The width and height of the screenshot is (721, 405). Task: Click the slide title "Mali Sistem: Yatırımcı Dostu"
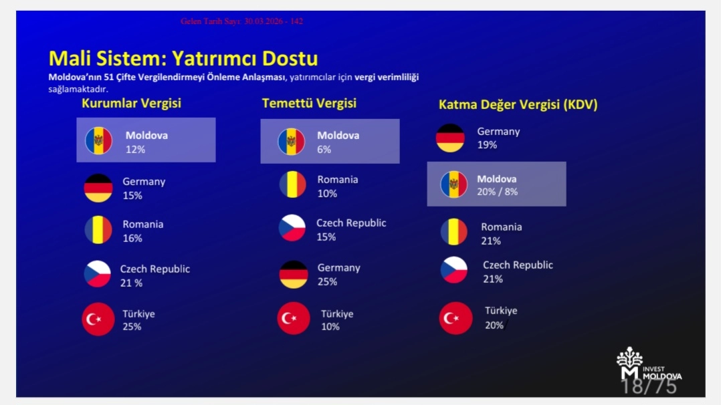(x=183, y=58)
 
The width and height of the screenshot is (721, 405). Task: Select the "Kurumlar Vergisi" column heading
(x=132, y=103)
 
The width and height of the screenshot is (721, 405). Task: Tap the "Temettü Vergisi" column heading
(x=309, y=103)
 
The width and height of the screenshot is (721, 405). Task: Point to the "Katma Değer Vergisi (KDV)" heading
(x=518, y=105)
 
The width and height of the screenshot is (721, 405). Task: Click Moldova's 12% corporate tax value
(x=135, y=150)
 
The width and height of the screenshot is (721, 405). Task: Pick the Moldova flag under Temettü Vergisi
(x=291, y=141)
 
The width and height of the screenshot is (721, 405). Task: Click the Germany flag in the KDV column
(x=450, y=138)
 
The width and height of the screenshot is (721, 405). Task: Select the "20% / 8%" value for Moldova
(x=497, y=192)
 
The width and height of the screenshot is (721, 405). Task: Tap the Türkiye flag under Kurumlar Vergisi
(x=98, y=319)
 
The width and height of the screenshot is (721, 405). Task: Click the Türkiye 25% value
(x=132, y=326)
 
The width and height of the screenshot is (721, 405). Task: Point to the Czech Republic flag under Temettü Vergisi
(x=292, y=228)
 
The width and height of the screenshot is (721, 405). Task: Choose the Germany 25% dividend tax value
(x=327, y=282)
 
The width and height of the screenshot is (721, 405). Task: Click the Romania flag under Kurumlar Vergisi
(x=98, y=230)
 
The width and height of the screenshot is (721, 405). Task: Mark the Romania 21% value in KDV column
(x=491, y=241)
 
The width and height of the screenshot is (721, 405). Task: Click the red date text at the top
(x=242, y=21)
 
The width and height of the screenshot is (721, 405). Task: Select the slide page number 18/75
(x=649, y=387)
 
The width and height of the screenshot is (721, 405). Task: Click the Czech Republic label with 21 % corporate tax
(x=155, y=269)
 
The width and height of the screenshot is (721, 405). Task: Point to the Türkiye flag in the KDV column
(x=455, y=318)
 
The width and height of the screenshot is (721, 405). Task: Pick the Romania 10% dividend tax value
(x=327, y=194)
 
